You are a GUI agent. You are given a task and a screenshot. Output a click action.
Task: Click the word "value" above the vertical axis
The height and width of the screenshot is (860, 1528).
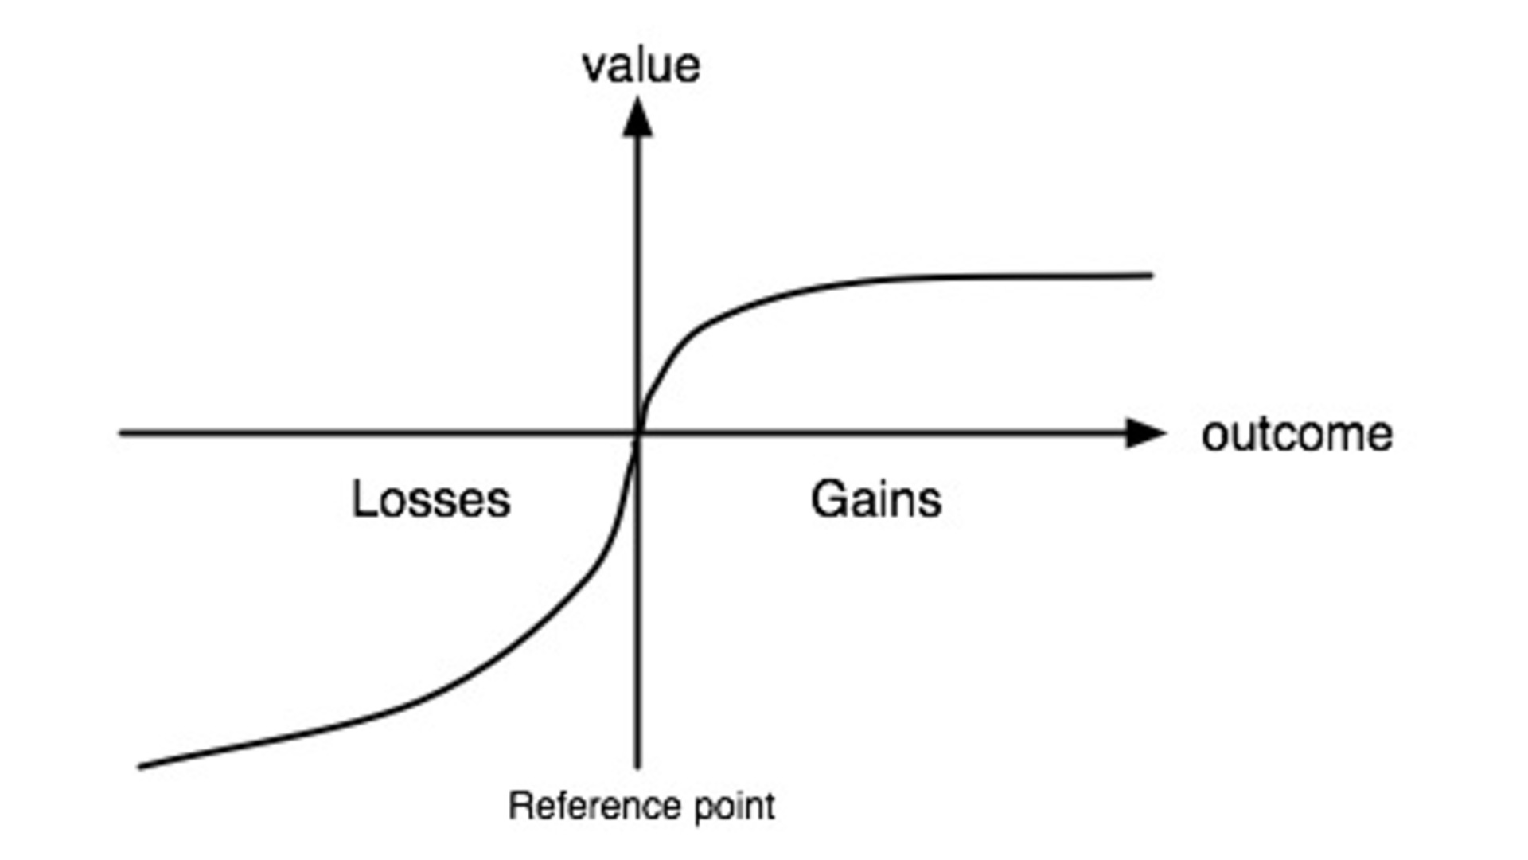coord(641,66)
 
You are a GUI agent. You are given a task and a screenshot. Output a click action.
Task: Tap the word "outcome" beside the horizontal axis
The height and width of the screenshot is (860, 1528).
coord(1296,435)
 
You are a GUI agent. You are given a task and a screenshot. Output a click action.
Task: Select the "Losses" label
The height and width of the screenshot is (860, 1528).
coord(431,500)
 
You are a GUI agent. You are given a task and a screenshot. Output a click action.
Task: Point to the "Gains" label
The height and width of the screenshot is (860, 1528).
coord(875,500)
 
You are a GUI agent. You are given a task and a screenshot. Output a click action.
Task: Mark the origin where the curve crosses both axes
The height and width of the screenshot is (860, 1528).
coord(637,433)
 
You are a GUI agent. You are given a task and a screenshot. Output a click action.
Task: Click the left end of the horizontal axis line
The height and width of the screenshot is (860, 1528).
coord(122,433)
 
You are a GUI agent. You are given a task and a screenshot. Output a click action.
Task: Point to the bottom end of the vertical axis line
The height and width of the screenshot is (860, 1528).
coord(637,766)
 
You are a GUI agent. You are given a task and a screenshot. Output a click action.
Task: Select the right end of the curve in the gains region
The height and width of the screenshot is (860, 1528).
coord(1151,276)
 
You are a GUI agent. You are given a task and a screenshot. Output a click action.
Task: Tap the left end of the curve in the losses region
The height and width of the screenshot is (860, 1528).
coord(141,766)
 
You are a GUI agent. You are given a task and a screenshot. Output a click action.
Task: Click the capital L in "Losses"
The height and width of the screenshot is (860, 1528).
coord(362,500)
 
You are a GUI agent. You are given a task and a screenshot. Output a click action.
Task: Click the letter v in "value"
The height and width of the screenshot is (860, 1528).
coord(593,68)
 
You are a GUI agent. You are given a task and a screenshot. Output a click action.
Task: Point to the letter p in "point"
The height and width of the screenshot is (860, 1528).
coord(704,809)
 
